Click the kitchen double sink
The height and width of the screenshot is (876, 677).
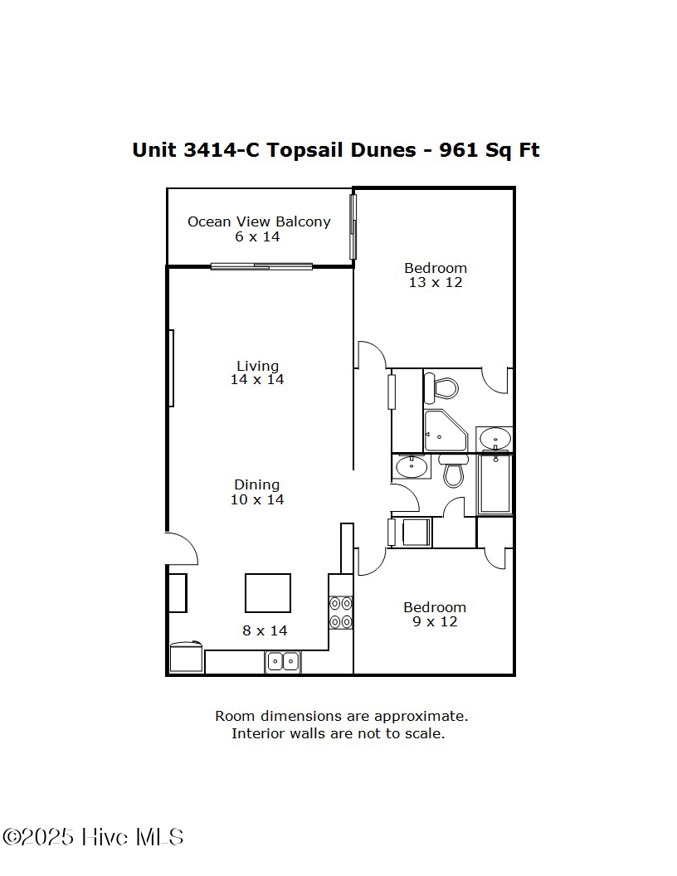[283, 662]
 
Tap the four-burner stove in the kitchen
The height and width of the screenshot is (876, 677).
[341, 612]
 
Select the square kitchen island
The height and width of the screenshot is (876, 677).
[268, 593]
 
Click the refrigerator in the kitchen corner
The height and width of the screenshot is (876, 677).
[186, 658]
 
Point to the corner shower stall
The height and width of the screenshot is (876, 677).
[444, 431]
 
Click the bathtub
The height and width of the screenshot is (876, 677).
[495, 484]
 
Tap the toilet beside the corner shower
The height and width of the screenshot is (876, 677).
[441, 387]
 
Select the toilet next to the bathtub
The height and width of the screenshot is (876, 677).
[453, 471]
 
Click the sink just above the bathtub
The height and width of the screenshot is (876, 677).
[495, 437]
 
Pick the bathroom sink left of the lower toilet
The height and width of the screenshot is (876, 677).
[411, 467]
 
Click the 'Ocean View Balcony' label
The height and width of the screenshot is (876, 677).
[259, 221]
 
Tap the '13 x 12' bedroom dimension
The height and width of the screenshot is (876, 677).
[436, 282]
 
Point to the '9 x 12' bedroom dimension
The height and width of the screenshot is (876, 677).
[435, 621]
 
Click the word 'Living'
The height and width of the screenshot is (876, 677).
[257, 366]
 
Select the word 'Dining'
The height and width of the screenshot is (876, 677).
[256, 484]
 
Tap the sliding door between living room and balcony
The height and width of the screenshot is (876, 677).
[261, 266]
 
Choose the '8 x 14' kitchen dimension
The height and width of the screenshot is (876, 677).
[265, 630]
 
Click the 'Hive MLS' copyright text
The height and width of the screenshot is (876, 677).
[133, 837]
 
